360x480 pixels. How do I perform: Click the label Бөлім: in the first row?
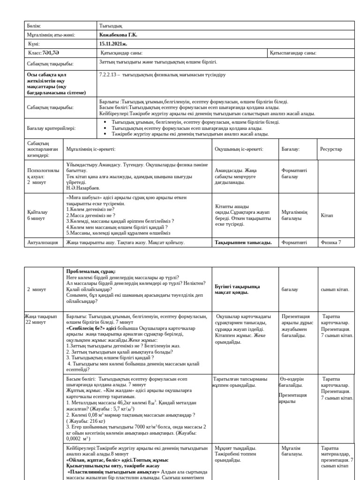[34, 26]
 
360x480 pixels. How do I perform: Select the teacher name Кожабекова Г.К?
[118, 35]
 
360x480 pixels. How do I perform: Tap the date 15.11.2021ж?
[114, 44]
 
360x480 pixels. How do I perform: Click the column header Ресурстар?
[331, 149]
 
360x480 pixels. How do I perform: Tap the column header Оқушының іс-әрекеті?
[239, 149]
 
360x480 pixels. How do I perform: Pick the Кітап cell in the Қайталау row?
[327, 215]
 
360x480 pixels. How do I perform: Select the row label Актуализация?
[43, 242]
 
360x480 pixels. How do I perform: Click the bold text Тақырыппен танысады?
[243, 242]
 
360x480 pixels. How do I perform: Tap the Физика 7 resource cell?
[330, 242]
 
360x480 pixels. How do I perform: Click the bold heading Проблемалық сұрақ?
[91, 271]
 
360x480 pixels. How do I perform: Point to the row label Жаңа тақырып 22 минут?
[41, 320]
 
